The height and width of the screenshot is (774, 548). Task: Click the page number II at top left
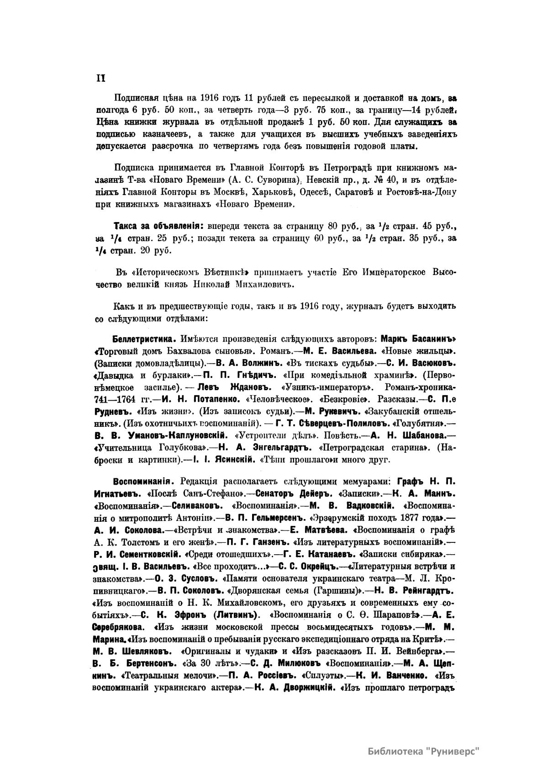click(100, 78)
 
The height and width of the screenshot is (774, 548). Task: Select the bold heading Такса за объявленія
click(158, 226)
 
